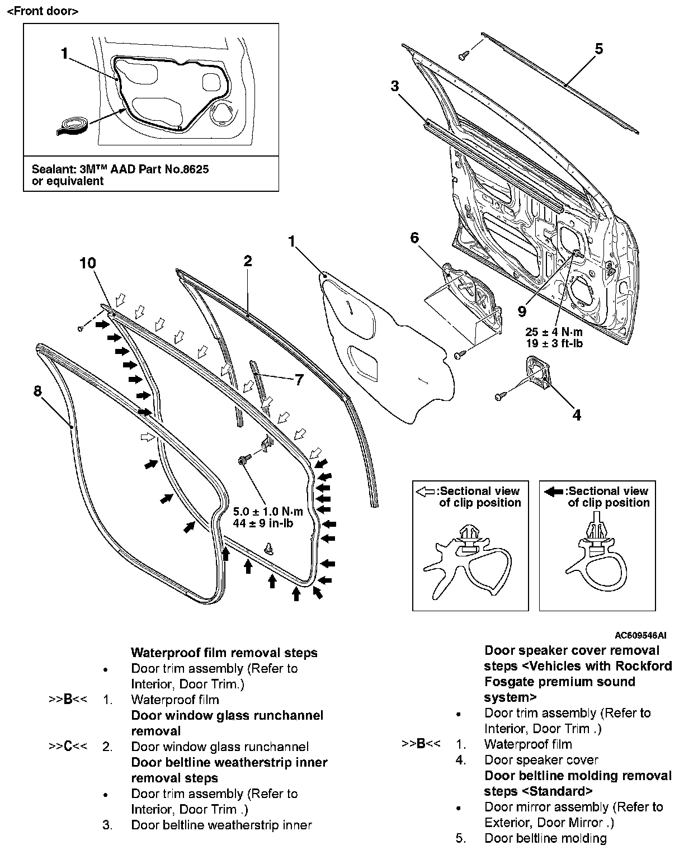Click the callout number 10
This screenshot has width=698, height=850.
(x=88, y=263)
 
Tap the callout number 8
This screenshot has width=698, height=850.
(x=37, y=391)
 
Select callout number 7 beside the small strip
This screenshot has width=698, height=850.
(x=299, y=380)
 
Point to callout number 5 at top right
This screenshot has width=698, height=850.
(x=598, y=49)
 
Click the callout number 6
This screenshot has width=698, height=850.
(x=414, y=238)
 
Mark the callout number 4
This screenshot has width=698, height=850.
(x=577, y=415)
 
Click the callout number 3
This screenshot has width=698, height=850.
(x=395, y=86)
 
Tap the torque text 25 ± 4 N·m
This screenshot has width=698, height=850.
(x=554, y=332)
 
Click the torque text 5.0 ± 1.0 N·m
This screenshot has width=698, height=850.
(x=268, y=512)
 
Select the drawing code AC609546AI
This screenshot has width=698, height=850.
(x=640, y=636)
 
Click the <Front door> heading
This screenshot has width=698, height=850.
(x=43, y=11)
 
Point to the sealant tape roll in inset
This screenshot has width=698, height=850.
(x=72, y=125)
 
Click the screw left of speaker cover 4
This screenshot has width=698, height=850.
(x=500, y=396)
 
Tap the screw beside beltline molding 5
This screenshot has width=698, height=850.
(x=463, y=55)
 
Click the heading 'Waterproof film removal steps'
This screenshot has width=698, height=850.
(x=224, y=653)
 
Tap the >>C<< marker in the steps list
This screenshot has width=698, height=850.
(x=68, y=747)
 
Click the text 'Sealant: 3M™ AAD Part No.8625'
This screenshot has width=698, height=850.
(x=120, y=169)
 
